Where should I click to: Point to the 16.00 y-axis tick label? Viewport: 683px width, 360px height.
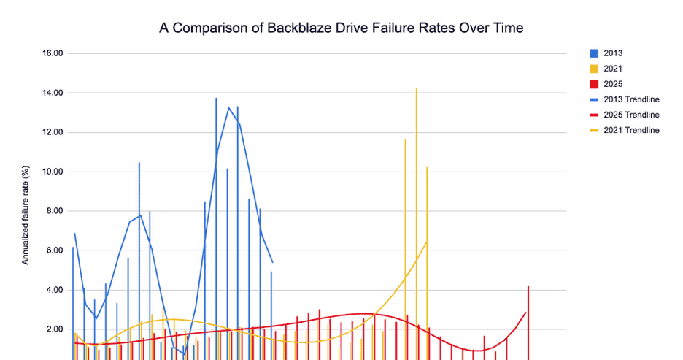tap(53, 53)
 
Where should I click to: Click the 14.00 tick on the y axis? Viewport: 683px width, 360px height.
tap(53, 93)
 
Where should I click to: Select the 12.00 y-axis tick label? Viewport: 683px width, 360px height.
tap(53, 132)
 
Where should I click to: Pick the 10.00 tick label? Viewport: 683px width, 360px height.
tap(53, 172)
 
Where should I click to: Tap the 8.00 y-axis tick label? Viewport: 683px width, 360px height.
tap(55, 211)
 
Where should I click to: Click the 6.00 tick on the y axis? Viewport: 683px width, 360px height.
tap(55, 250)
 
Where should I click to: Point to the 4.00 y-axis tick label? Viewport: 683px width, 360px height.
tap(55, 290)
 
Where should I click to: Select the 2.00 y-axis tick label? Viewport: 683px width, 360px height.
tap(55, 329)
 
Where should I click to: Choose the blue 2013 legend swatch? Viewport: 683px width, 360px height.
tap(593, 53)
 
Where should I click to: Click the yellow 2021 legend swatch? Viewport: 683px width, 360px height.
tap(593, 69)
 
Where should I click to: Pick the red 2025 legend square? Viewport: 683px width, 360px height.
tap(593, 84)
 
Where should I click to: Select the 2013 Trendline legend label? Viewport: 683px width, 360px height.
tap(631, 99)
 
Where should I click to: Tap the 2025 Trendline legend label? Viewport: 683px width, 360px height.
tap(631, 115)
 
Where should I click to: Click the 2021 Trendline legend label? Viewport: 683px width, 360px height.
tap(631, 130)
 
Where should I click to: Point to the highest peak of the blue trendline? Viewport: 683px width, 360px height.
tap(228, 108)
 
